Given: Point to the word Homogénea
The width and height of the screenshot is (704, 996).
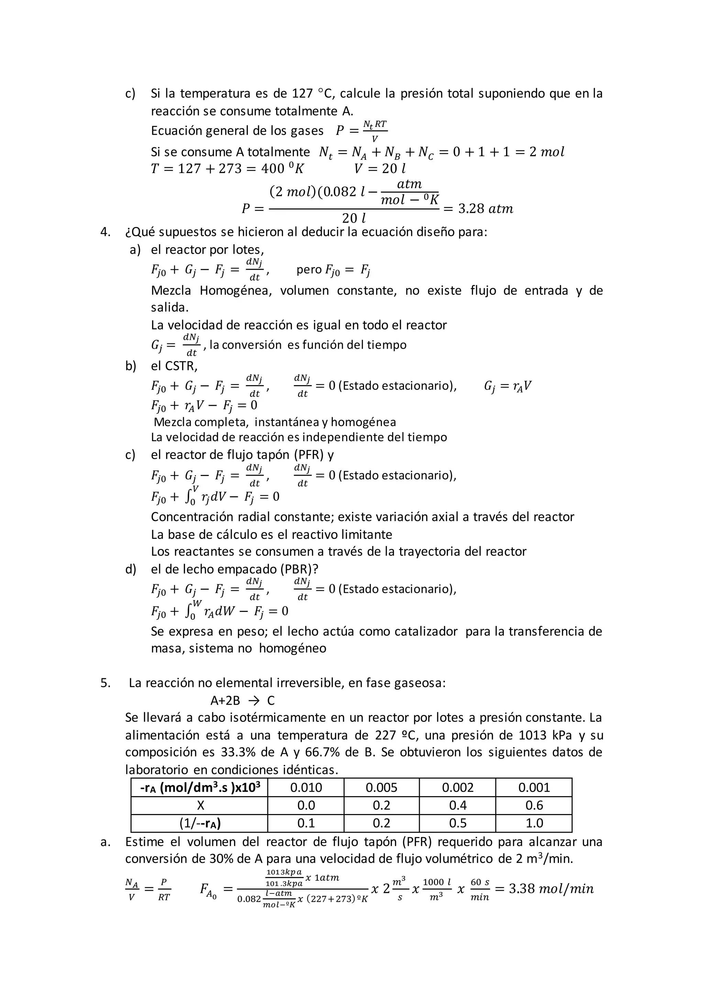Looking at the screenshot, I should pos(235,290).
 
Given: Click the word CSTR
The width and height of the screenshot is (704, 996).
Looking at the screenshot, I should pos(181,366).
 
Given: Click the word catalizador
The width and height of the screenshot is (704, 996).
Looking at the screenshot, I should pos(426,631).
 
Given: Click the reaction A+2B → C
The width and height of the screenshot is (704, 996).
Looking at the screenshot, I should pos(242,701).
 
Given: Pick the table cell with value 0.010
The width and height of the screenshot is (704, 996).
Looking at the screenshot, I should pos(306,787).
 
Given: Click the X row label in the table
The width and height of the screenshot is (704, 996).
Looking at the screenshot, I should pos(200,805).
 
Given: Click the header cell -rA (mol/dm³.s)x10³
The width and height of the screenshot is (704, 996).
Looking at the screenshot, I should pos(200,787).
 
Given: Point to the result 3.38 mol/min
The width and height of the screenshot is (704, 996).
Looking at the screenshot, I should pos(551,889).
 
